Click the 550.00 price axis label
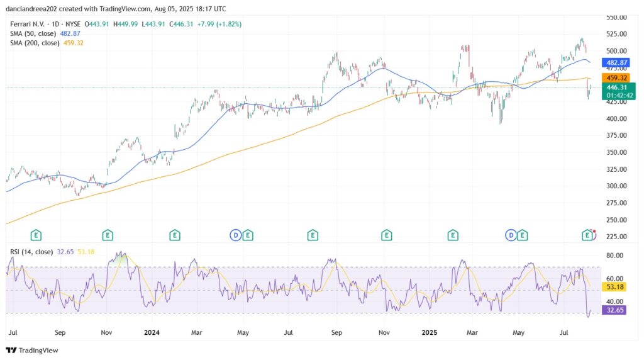coord(616,17)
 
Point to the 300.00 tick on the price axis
coord(616,186)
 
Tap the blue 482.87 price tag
coord(616,64)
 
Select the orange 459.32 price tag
coord(616,77)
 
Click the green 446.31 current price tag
coord(616,87)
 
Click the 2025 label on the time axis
coord(430,331)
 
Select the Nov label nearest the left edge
coord(107,331)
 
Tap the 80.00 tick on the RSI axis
coord(615,256)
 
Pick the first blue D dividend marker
coord(235,235)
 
